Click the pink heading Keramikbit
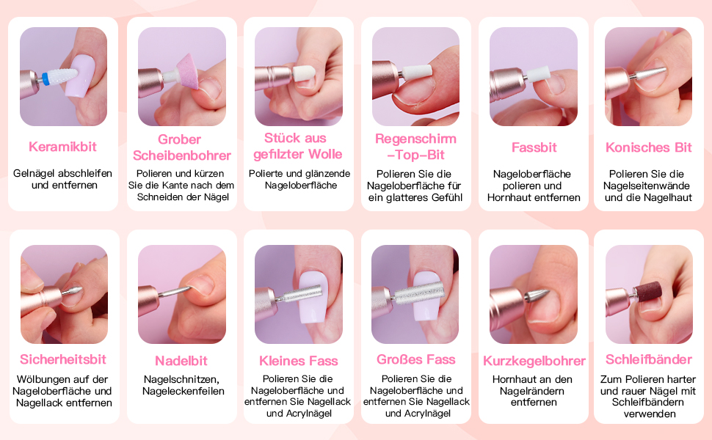coord(62,147)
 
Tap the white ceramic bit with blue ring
coord(59,77)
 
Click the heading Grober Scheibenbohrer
coord(181,147)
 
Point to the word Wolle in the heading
coord(324,154)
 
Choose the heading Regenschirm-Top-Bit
coord(415,147)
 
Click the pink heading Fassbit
coord(534,147)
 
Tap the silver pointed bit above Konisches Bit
coord(650,73)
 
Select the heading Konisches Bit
coord(648,147)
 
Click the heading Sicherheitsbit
coord(63,359)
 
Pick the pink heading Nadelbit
coord(181,361)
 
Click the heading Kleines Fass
coord(298,361)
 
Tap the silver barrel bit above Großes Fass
coord(419,293)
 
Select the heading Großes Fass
coord(416,359)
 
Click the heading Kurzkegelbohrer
coord(534,361)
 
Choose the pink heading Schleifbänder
coord(648,359)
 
